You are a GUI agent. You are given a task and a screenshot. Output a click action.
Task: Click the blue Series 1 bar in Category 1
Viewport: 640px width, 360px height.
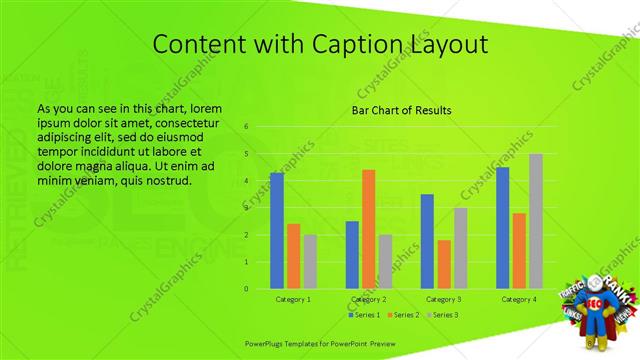click(x=276, y=231)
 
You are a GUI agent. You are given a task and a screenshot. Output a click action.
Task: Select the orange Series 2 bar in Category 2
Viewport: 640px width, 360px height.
click(x=368, y=229)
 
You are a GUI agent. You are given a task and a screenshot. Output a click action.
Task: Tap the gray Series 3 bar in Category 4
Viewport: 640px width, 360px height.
click(x=536, y=221)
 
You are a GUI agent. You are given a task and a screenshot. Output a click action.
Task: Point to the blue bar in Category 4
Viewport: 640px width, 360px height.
click(x=502, y=228)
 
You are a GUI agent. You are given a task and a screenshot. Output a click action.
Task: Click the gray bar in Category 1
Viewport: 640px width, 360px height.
click(x=310, y=262)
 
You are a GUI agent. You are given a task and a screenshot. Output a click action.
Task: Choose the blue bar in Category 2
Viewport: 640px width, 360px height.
click(x=352, y=255)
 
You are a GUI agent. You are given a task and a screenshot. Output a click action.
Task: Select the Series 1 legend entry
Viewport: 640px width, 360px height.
click(x=363, y=315)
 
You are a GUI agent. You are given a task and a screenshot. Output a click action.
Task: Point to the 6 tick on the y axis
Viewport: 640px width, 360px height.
click(x=246, y=127)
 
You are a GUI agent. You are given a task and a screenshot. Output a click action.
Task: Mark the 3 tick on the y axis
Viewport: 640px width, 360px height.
click(x=246, y=208)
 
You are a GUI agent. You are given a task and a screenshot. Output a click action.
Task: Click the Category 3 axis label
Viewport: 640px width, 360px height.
click(x=443, y=299)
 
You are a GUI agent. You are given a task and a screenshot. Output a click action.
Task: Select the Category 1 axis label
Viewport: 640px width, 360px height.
click(x=293, y=299)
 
